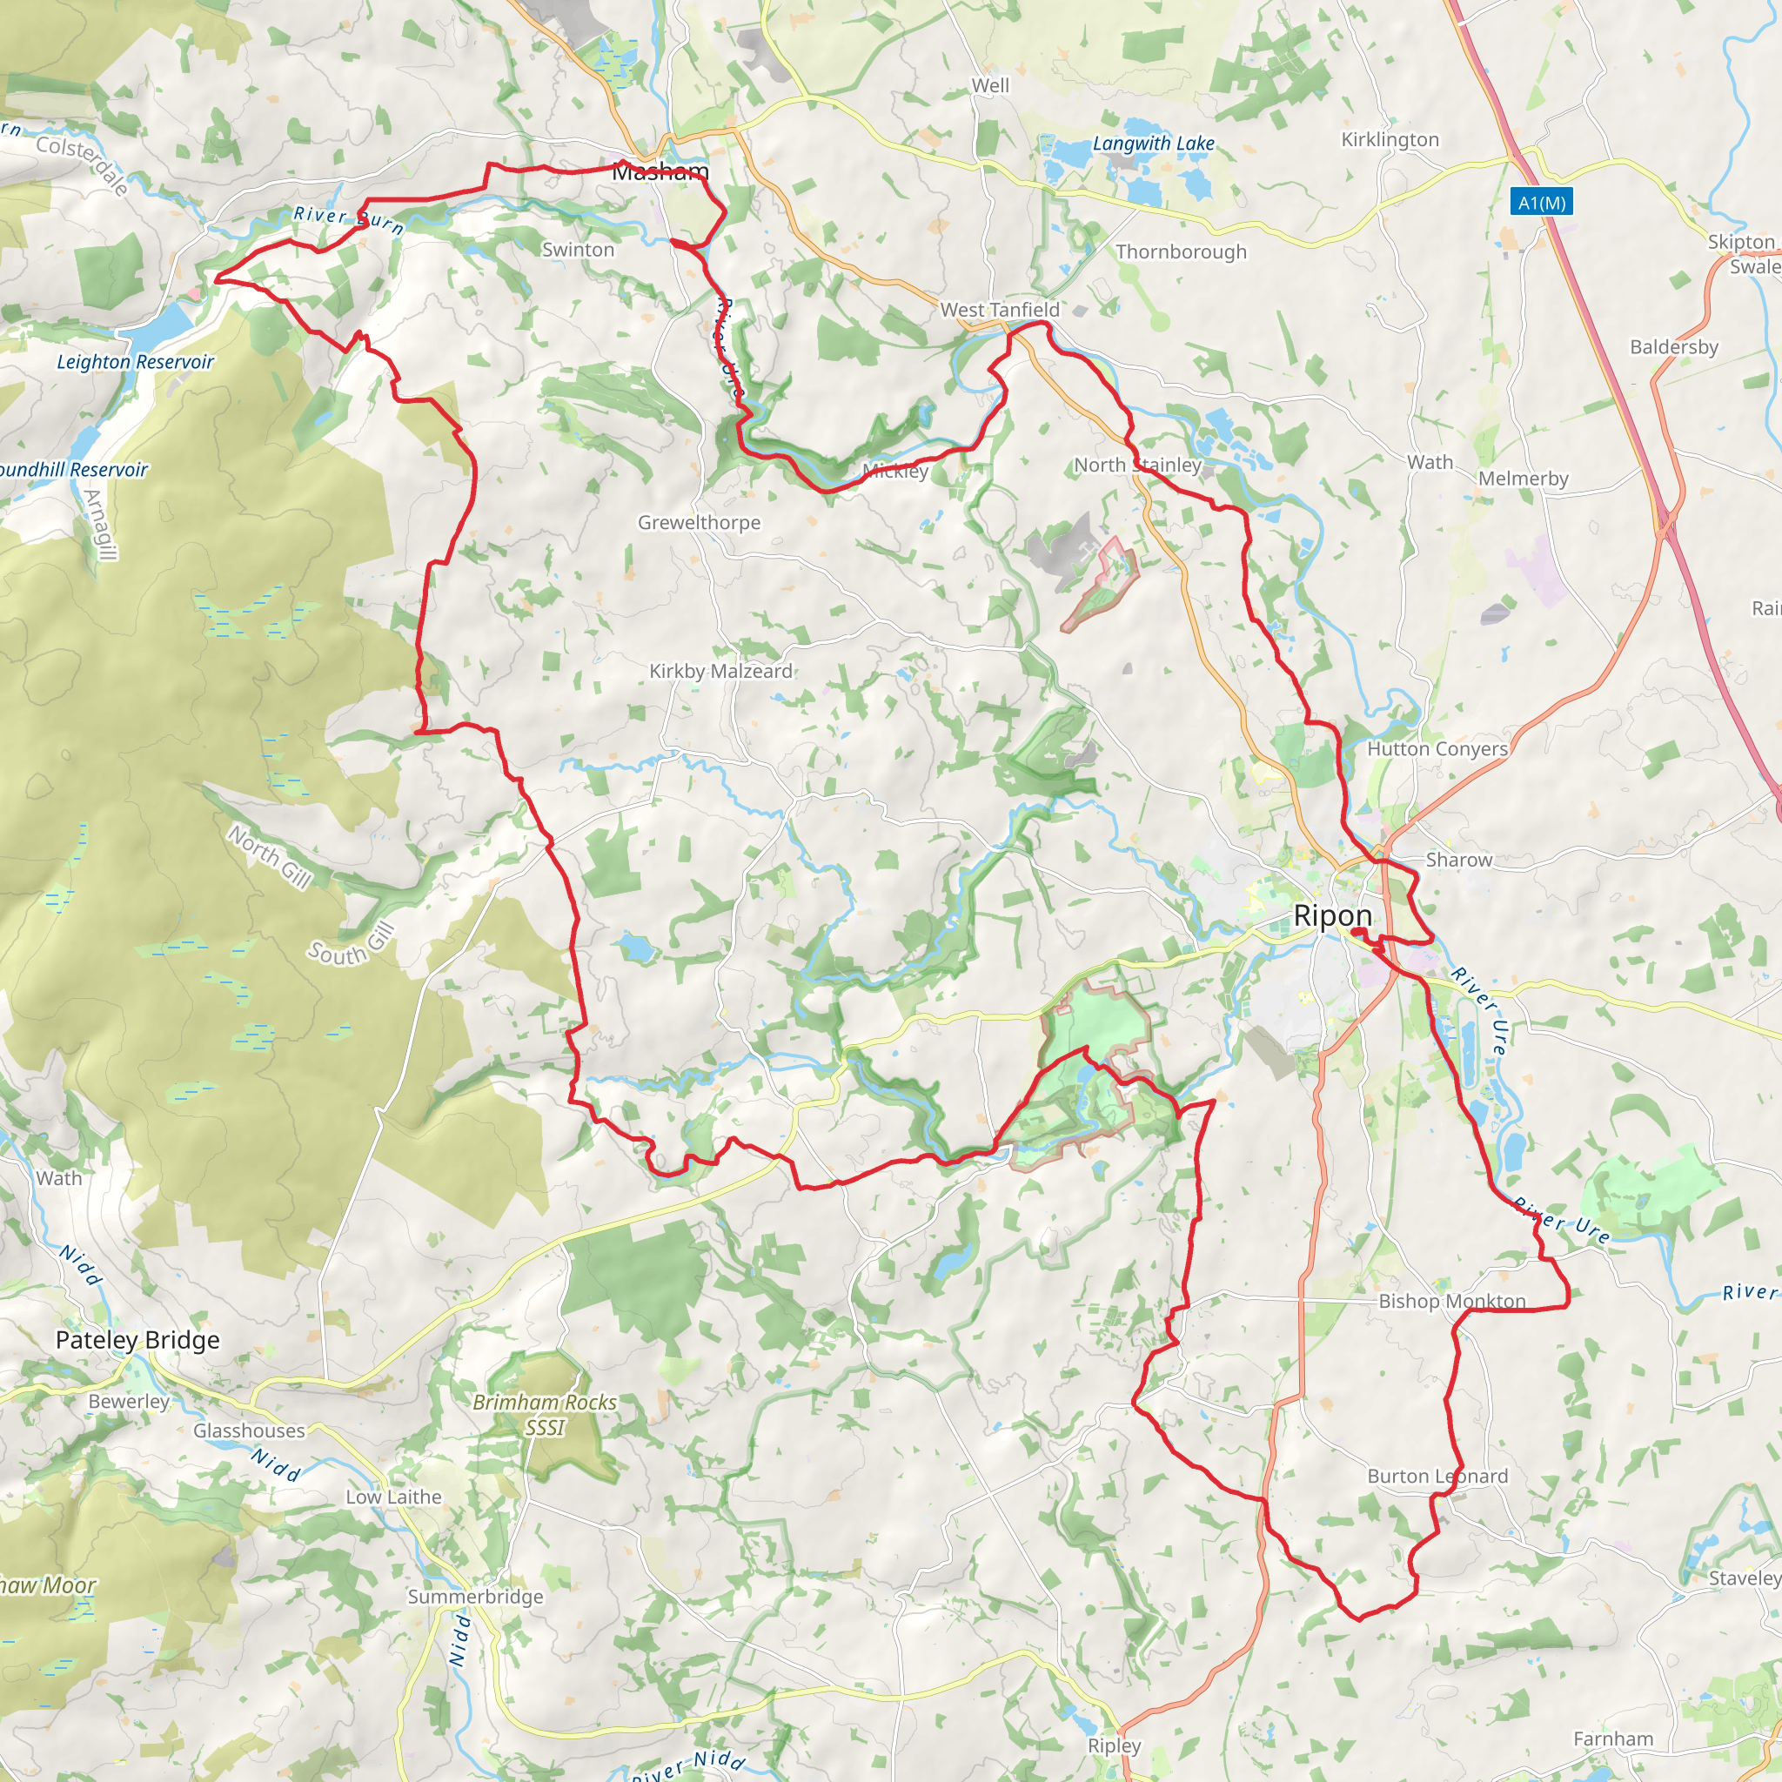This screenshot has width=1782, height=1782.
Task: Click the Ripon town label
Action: click(x=1332, y=916)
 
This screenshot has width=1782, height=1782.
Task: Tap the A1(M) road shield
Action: click(x=1541, y=202)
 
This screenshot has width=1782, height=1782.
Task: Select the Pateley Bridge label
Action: click(x=137, y=1340)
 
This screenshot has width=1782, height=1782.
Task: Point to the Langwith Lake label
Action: click(x=1153, y=144)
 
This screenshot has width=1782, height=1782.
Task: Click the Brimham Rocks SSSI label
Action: click(x=544, y=1414)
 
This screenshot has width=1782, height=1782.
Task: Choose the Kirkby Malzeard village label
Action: click(x=720, y=672)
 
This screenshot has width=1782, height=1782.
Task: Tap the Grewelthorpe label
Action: click(x=700, y=523)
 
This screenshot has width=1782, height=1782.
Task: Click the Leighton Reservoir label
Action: click(x=135, y=363)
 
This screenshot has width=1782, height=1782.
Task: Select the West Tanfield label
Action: click(x=1000, y=310)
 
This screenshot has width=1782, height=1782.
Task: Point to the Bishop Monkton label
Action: click(x=1452, y=1302)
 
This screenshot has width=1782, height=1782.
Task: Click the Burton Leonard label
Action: click(x=1437, y=1477)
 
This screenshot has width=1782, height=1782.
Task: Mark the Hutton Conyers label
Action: click(x=1437, y=749)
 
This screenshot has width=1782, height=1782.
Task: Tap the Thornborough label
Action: click(x=1181, y=251)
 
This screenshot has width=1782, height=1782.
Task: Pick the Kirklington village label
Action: click(x=1389, y=139)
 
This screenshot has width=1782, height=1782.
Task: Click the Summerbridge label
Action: click(x=475, y=1597)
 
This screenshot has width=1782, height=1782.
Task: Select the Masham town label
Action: click(x=660, y=172)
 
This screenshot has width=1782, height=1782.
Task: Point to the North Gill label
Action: click(x=270, y=857)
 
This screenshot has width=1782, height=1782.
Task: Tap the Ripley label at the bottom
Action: click(x=1115, y=1746)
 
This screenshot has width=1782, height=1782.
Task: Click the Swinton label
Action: click(x=578, y=250)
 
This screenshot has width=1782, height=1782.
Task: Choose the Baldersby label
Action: click(x=1673, y=347)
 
